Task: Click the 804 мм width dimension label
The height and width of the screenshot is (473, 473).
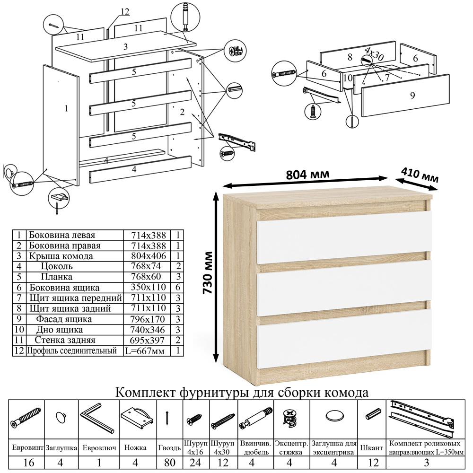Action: (x=307, y=174)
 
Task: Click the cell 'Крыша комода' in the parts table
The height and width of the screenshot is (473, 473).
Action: (x=61, y=256)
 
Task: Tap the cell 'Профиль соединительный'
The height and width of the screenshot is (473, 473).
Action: (x=71, y=351)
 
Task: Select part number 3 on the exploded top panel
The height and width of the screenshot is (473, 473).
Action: (x=125, y=47)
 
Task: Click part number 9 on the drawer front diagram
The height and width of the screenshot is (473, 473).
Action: (x=412, y=95)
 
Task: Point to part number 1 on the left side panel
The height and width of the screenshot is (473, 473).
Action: (x=66, y=108)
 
